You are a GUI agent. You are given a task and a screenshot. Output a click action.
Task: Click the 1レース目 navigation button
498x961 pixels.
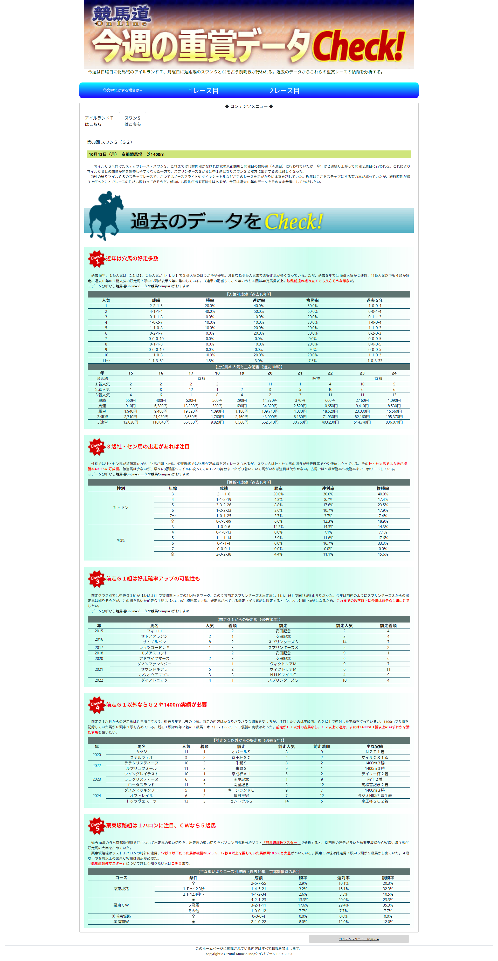(x=203, y=91)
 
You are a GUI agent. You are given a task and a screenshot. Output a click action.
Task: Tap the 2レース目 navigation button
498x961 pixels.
(x=284, y=91)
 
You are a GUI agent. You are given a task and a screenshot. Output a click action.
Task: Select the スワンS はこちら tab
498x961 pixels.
(x=133, y=121)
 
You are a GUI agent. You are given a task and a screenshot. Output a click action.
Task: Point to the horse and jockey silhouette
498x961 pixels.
(x=105, y=216)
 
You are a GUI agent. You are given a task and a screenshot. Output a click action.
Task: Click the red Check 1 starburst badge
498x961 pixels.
(x=96, y=259)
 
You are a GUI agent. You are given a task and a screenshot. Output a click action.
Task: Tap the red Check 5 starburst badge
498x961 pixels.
(x=96, y=826)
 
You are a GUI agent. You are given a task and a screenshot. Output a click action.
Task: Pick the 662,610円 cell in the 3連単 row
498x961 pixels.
(x=270, y=422)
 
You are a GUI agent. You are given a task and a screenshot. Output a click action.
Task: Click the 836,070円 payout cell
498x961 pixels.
(x=394, y=422)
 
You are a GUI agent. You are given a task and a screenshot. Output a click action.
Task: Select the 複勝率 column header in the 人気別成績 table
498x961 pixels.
(x=312, y=300)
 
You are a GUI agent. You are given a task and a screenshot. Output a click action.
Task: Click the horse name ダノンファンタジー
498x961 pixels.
(x=154, y=664)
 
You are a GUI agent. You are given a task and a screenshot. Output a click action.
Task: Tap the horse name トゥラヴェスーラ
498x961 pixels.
(x=141, y=801)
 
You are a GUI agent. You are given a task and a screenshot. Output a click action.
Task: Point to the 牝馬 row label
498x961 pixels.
(x=121, y=540)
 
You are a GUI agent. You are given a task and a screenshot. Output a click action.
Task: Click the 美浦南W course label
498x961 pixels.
(x=121, y=922)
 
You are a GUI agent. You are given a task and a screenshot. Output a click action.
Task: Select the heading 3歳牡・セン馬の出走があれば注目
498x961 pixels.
(x=148, y=447)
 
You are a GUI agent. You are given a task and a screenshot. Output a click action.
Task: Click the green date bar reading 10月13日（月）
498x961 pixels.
(x=248, y=154)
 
